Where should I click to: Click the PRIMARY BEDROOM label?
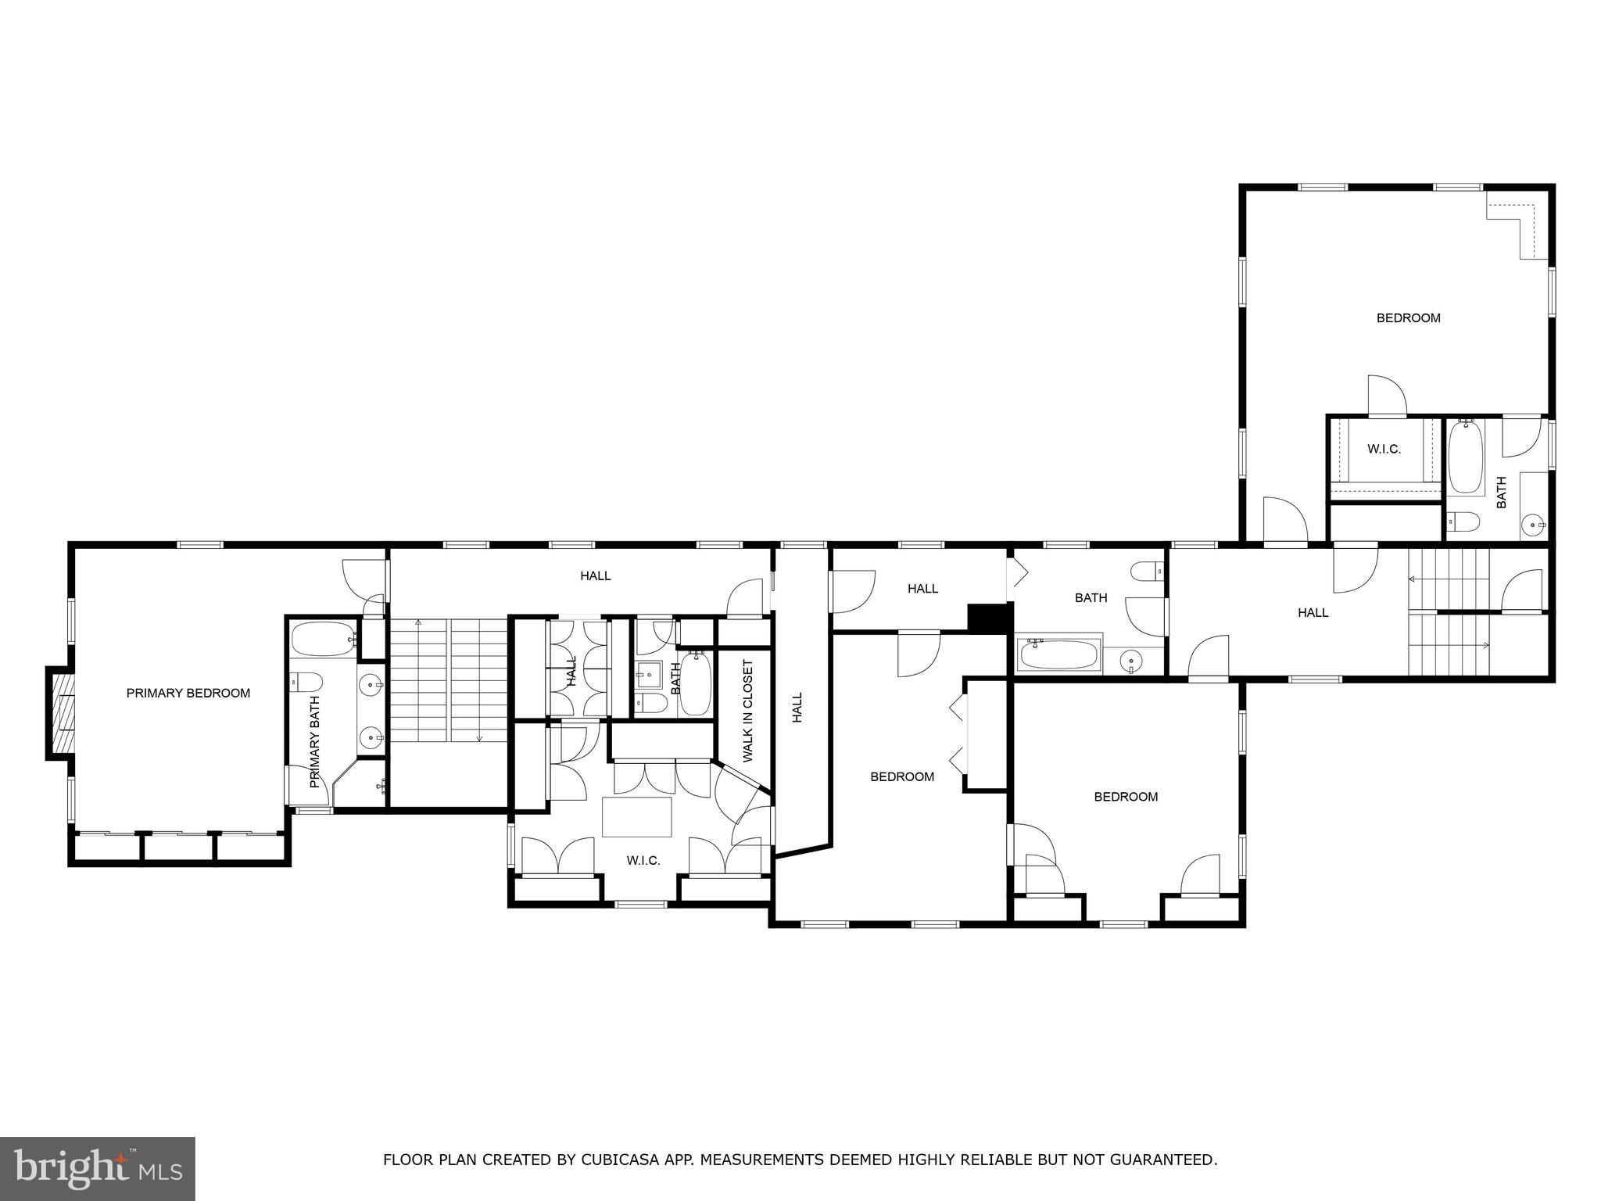pos(188,693)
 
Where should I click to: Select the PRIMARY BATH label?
pos(315,742)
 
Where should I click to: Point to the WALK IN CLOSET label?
pos(748,711)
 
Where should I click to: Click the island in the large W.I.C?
pos(636,816)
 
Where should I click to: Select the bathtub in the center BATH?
pos(1059,654)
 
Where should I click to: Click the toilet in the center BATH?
pos(1146,572)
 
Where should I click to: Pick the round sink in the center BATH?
pos(1130,661)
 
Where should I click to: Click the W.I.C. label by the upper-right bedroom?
pos(1384,450)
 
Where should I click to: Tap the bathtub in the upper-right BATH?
pos(1466,457)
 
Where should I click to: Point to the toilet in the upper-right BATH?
pos(1462,522)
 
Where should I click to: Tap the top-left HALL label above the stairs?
pos(595,576)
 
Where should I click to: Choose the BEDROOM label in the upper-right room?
pos(1408,318)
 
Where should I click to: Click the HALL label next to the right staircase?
pos(1313,613)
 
